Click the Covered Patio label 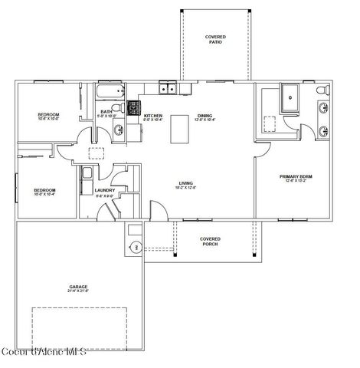tap(214, 39)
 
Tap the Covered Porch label tap(210, 241)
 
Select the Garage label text tap(78, 288)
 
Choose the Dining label tap(205, 117)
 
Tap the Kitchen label tap(153, 117)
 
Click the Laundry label tap(104, 192)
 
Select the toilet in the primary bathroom tap(322, 93)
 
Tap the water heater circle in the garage tap(135, 246)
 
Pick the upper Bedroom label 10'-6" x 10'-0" tap(48, 117)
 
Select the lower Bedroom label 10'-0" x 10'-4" tap(43, 192)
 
